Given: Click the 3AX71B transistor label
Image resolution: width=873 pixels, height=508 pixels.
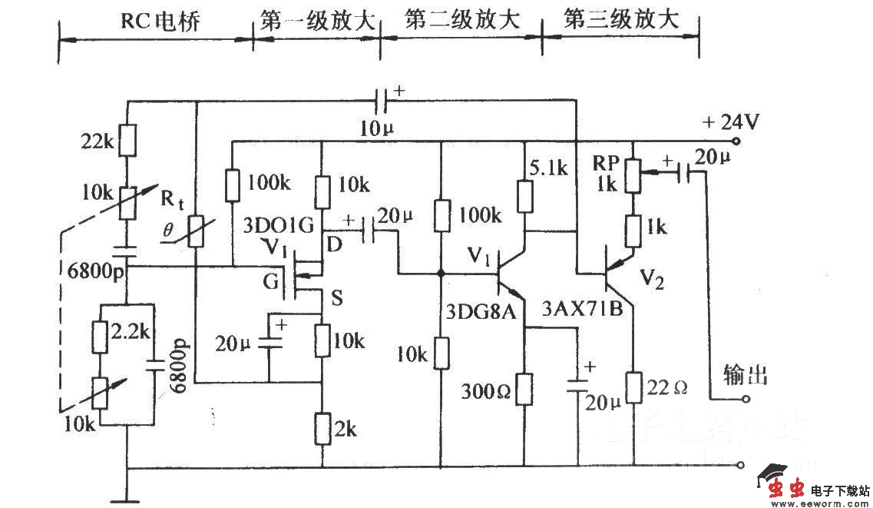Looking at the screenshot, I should [x=581, y=311].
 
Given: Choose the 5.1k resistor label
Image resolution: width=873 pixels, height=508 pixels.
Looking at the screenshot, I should [x=551, y=167].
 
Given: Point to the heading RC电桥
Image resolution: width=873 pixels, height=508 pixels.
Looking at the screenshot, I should [x=160, y=21].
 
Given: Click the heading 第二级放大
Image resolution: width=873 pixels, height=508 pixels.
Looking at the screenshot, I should [x=461, y=21].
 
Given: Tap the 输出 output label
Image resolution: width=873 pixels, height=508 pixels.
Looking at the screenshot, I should [x=746, y=376].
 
